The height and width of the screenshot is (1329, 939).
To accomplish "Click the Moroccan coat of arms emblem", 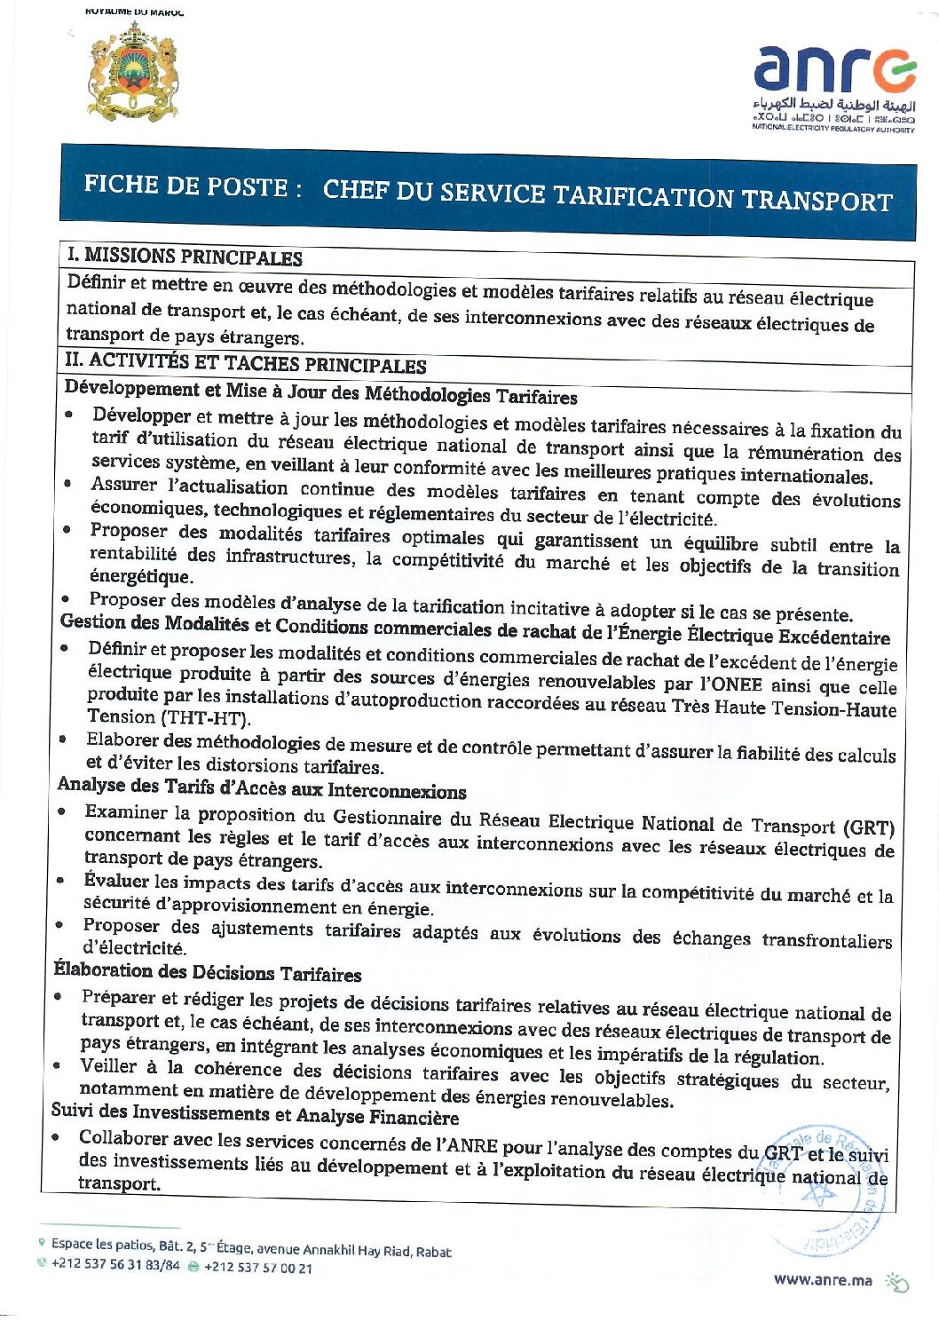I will [133, 73].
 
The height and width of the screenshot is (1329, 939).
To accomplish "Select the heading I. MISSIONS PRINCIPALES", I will [185, 257].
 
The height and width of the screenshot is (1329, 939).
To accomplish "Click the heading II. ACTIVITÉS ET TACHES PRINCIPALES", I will [245, 363].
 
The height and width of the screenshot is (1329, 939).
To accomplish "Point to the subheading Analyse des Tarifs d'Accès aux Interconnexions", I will [262, 788].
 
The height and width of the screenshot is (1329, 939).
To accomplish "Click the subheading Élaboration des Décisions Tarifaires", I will [208, 972].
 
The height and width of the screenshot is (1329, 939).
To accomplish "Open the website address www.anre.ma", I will [823, 1279].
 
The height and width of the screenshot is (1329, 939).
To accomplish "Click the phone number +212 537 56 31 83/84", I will [114, 1264].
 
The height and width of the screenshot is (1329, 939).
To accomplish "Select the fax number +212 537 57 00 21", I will [257, 1268].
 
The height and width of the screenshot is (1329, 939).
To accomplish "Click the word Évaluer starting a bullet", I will [116, 881].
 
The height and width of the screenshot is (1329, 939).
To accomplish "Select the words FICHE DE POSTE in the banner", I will [185, 186].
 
